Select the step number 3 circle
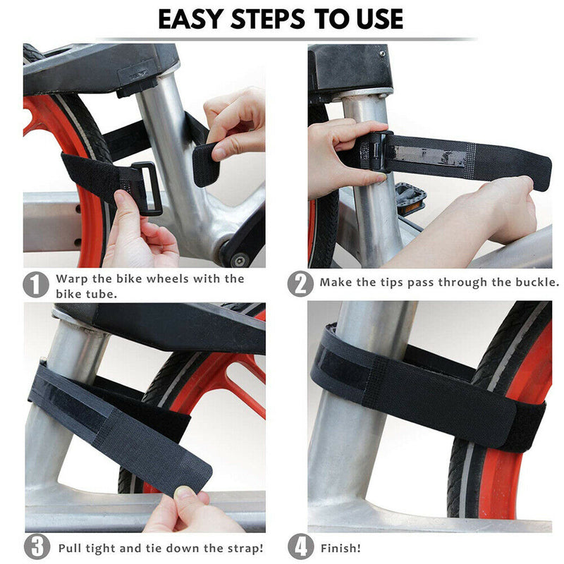click(36, 547)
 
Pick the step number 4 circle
click(300, 547)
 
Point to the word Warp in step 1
click(71, 278)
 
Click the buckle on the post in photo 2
click(377, 151)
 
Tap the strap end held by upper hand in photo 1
click(204, 163)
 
